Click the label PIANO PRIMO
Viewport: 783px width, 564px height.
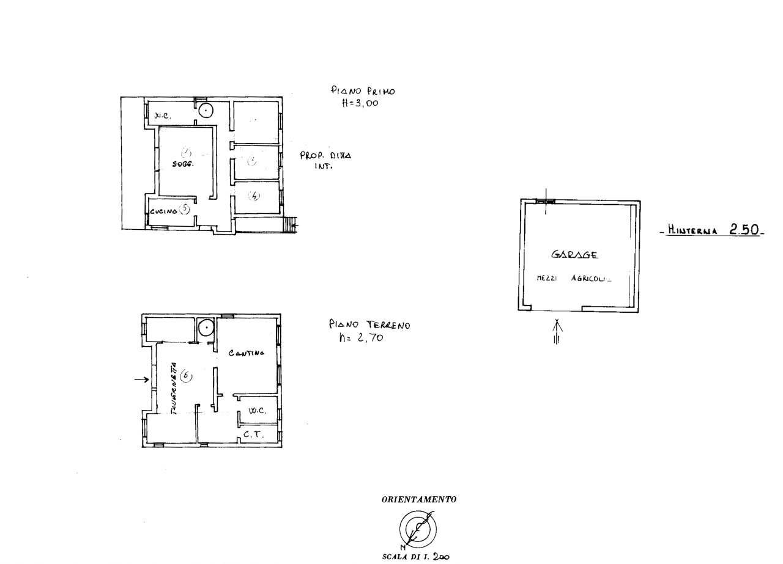click(363, 91)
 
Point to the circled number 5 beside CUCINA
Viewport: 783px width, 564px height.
click(185, 208)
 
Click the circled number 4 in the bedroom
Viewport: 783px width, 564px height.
click(254, 196)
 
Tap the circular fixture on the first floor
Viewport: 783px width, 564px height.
click(206, 111)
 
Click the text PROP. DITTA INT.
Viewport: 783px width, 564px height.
click(325, 160)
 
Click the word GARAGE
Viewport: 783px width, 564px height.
click(574, 255)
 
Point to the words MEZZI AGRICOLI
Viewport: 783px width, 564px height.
click(573, 278)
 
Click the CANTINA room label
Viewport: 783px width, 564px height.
click(247, 353)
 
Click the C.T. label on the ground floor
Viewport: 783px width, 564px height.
click(253, 435)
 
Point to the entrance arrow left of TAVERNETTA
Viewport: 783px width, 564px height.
click(141, 380)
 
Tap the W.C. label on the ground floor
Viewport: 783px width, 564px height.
click(256, 411)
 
